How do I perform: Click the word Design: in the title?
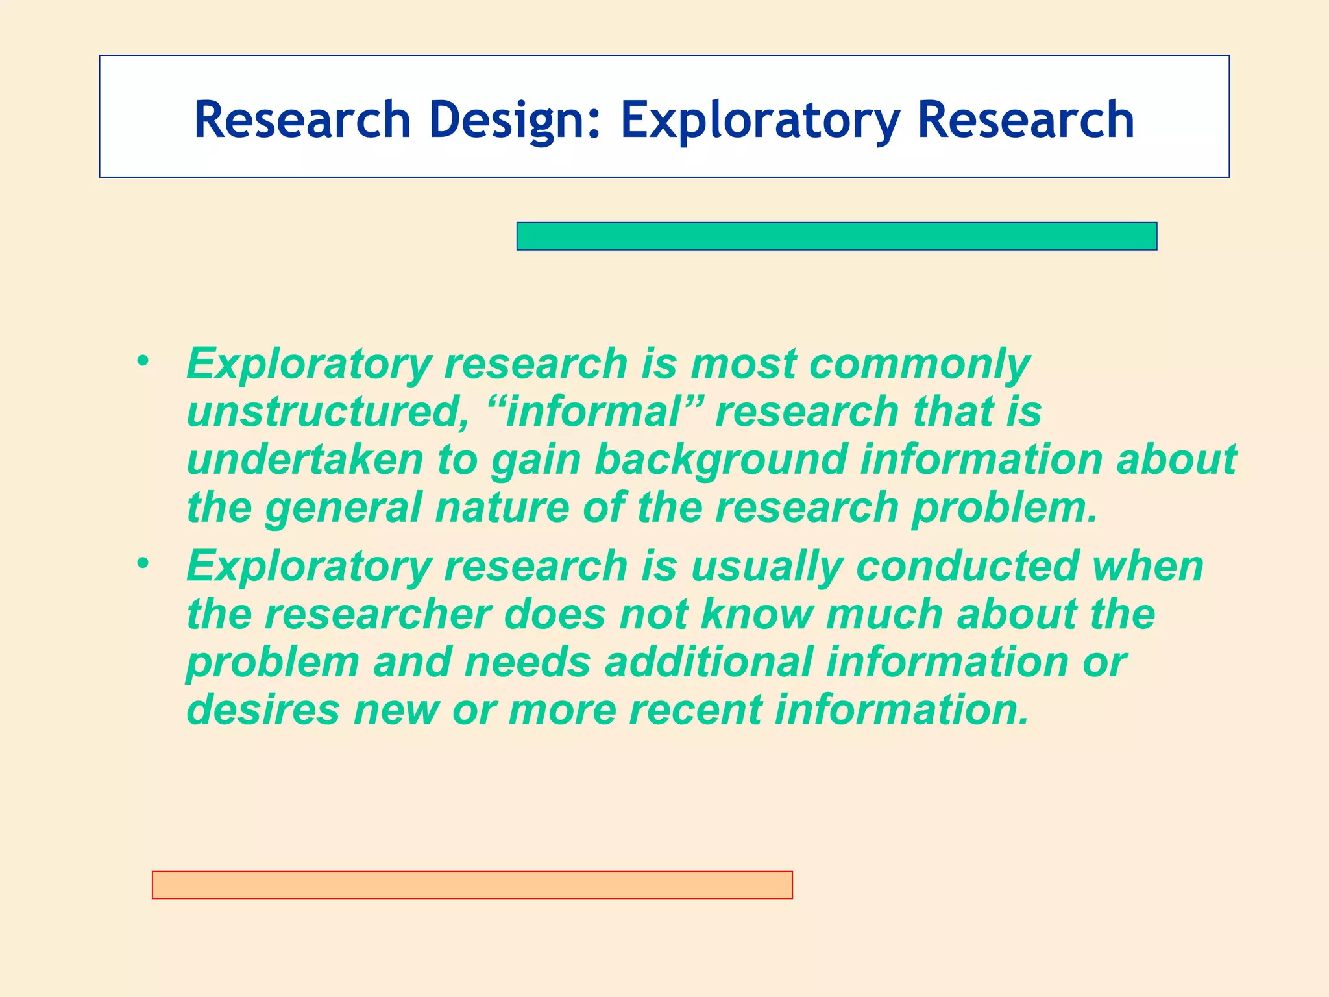click(x=515, y=120)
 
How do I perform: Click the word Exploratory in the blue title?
click(x=760, y=120)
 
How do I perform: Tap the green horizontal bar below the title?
click(x=836, y=236)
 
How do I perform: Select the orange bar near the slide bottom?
click(x=472, y=885)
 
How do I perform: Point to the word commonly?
click(x=920, y=364)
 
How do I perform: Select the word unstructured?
click(x=328, y=412)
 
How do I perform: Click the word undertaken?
click(x=305, y=460)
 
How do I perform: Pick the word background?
click(x=721, y=460)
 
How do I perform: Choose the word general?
click(x=344, y=508)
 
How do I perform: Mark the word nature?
click(x=502, y=508)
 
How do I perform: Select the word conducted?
click(x=967, y=567)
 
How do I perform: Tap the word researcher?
click(x=378, y=614)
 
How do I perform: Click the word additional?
click(x=709, y=662)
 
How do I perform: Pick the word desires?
click(x=263, y=709)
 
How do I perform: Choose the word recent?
click(x=695, y=709)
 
